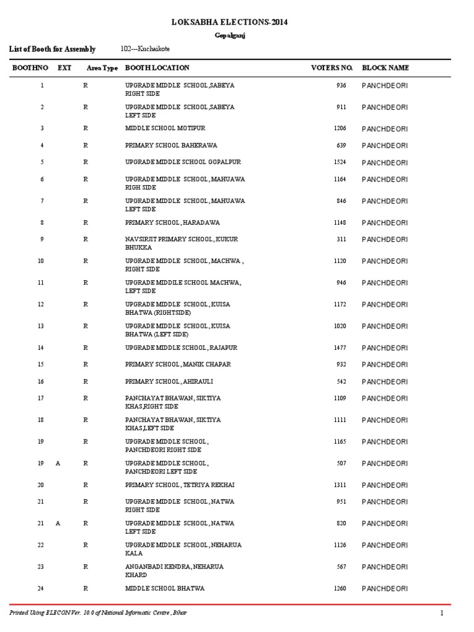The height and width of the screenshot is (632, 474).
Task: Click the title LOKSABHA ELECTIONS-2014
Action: tap(230, 22)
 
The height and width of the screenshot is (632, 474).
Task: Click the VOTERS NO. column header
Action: tap(332, 68)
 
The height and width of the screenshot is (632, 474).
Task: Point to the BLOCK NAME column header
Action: tap(385, 68)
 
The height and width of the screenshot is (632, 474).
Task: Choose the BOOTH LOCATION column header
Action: tap(157, 68)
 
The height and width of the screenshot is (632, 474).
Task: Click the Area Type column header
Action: tap(102, 68)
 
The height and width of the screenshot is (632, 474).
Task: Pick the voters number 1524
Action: tap(340, 162)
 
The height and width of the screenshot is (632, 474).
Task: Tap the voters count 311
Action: tap(341, 239)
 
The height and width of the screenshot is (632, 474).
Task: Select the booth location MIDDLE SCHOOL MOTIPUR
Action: tap(165, 128)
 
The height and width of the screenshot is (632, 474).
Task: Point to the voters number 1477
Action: tap(340, 348)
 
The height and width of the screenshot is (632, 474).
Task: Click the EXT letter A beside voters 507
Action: tap(58, 464)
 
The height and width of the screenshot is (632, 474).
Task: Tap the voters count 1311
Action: tap(340, 485)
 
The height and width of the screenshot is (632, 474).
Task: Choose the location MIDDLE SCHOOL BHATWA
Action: tap(164, 588)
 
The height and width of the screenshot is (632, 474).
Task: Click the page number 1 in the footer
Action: tap(442, 612)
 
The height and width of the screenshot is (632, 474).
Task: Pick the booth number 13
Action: tap(41, 326)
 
